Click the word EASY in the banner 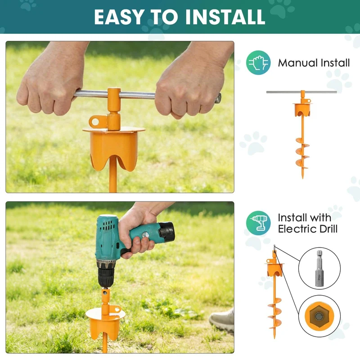point(119,17)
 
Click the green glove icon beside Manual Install point(258,63)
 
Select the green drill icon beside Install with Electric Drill point(258,223)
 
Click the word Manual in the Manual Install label point(297,63)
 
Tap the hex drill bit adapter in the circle point(319,268)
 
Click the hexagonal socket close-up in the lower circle point(319,316)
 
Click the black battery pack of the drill point(166,230)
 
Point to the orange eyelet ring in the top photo point(95,121)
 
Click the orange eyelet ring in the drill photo point(117,309)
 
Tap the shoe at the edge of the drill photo point(221,320)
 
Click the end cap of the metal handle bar point(218,98)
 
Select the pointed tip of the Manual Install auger point(302,177)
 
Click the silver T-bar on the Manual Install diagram point(301,92)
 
